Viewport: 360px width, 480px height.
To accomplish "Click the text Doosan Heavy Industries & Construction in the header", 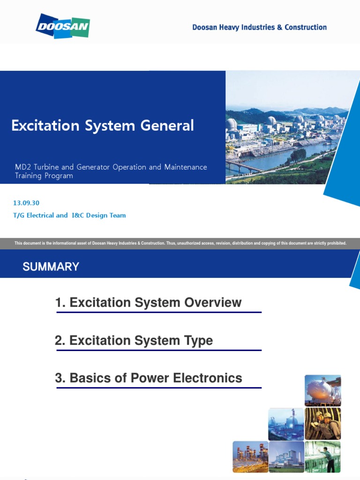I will tap(259, 27).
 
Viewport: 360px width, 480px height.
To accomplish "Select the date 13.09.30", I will tap(26, 203).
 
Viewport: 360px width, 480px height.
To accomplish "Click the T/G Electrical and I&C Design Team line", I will tap(70, 216).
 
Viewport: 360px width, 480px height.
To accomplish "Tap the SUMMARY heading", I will tap(51, 267).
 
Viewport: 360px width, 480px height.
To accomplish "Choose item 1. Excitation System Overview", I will tap(148, 303).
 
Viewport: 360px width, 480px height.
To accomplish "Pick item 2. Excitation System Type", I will tap(134, 341).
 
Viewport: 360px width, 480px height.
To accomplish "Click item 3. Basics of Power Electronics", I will tap(149, 378).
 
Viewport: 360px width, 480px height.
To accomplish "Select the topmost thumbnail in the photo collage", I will tap(322, 390).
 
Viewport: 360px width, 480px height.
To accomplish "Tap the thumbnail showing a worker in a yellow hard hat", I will tap(322, 424).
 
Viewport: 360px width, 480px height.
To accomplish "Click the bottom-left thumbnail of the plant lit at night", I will tap(250, 457).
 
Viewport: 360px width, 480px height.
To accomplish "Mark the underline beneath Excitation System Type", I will tap(158, 350).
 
